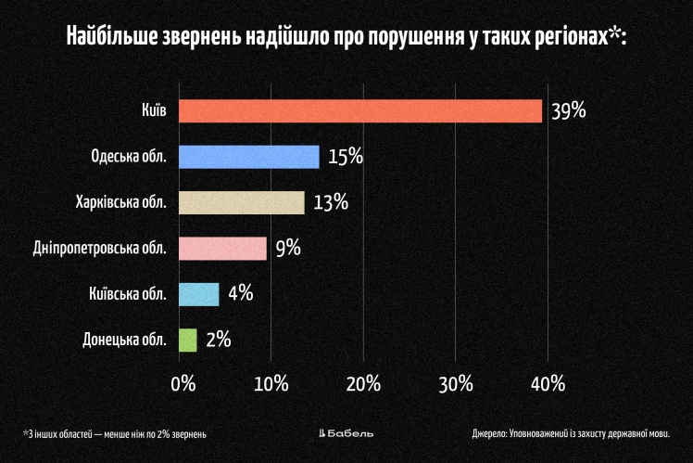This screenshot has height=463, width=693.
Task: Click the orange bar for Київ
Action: point(359,110)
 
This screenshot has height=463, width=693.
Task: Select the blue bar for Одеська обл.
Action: point(248,157)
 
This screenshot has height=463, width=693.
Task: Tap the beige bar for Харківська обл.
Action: point(241,202)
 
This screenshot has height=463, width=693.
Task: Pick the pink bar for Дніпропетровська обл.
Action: point(222,249)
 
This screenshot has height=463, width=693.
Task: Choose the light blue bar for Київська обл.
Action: point(198,294)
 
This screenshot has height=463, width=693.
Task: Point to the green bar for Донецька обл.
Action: point(187,340)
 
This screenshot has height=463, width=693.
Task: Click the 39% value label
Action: point(568,111)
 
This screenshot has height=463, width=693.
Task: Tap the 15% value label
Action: point(345,157)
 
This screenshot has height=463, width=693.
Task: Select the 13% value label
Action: point(330,202)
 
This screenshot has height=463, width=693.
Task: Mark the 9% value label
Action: point(288,249)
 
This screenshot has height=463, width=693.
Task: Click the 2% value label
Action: point(218,340)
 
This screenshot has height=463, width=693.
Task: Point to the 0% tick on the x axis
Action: point(183,384)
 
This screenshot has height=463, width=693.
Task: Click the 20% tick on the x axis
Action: point(363,384)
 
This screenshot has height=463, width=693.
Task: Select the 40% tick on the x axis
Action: point(547,384)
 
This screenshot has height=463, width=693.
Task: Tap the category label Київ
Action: point(155,110)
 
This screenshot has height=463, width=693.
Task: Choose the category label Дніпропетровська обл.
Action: point(111,249)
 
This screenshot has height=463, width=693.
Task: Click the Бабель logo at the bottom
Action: point(346,433)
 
